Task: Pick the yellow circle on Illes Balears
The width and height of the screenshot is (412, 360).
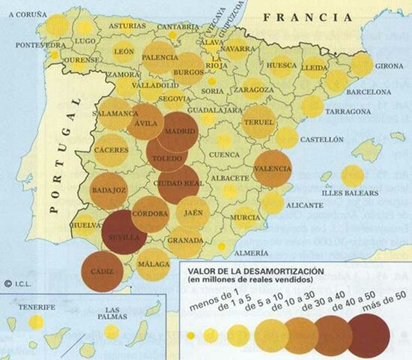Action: (x=352, y=176)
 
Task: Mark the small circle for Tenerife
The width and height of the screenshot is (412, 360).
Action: (x=36, y=322)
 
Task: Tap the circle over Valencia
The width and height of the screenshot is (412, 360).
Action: (x=273, y=169)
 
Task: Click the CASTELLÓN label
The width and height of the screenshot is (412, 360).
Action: (x=321, y=139)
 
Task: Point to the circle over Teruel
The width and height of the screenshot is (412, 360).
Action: (x=259, y=121)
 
